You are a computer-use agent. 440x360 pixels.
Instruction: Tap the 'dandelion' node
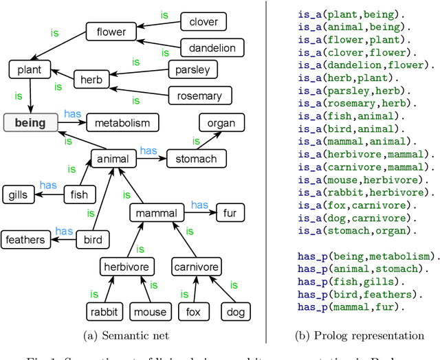pos(212,48)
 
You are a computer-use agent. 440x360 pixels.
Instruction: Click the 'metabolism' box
pos(122,123)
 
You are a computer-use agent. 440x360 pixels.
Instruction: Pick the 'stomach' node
pos(196,159)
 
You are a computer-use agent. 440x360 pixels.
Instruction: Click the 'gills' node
pos(18,195)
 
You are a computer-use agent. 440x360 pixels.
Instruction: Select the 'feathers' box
pos(25,240)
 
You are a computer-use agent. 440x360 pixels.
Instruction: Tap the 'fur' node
pos(229,214)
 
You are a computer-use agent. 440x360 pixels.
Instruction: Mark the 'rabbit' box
pos(105,312)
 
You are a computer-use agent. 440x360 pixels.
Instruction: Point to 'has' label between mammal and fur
pos(199,205)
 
